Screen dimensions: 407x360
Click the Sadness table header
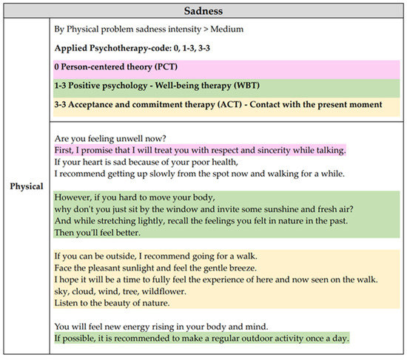pyautogui.click(x=203, y=10)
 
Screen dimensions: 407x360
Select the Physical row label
pyautogui.click(x=26, y=186)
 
